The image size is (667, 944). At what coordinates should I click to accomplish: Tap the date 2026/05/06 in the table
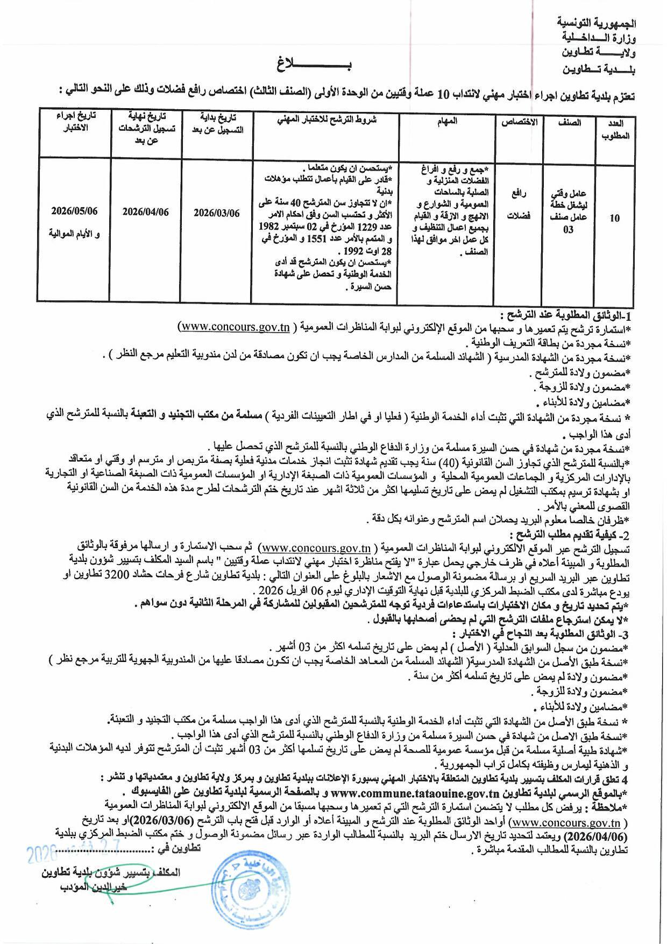pos(75,211)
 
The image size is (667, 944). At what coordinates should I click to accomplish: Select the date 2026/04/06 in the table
pos(145,212)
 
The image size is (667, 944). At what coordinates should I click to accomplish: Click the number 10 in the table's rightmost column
pos(615,218)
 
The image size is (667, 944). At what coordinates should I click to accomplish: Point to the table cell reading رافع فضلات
pos(519,207)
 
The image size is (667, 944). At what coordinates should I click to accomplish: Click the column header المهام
pos(447,121)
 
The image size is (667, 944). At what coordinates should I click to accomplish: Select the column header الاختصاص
pos(519,122)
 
